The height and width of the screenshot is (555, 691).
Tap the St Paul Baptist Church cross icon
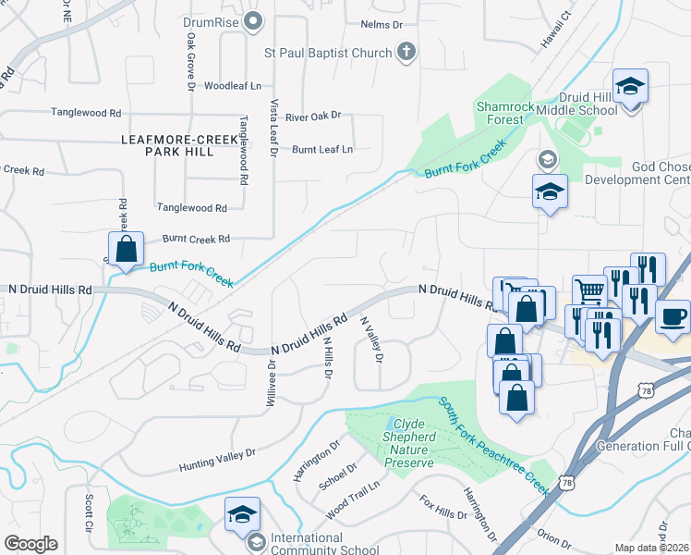point(406,53)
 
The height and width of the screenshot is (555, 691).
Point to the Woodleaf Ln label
point(233,86)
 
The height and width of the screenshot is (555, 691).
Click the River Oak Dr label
point(313,117)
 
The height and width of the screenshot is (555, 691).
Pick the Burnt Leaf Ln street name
point(322,149)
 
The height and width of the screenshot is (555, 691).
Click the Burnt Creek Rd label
point(196,239)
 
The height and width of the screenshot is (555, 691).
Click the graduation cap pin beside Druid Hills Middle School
point(631,87)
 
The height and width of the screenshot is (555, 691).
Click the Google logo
point(30,543)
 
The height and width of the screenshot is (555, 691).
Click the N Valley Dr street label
point(371,339)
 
